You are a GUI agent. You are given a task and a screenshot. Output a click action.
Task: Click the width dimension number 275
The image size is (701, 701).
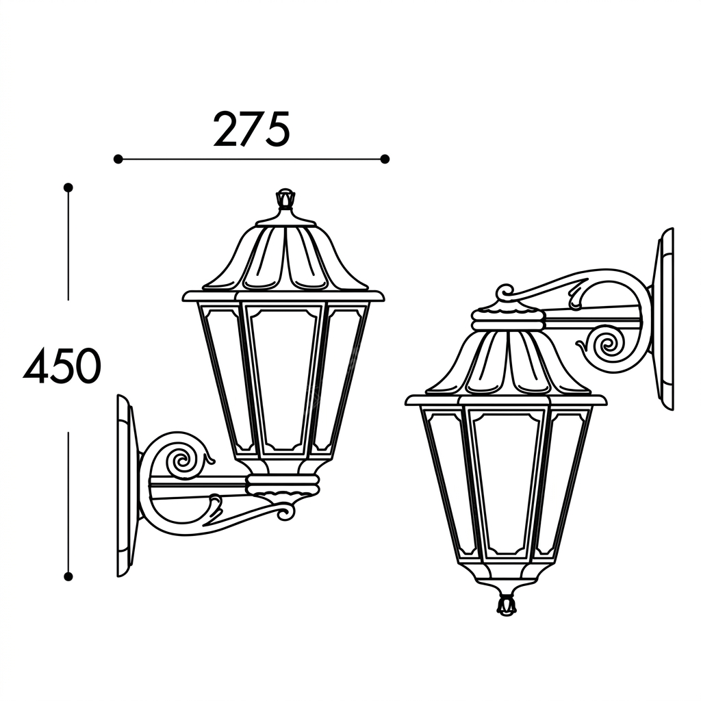251,129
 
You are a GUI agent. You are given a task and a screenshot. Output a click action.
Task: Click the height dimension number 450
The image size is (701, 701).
62,366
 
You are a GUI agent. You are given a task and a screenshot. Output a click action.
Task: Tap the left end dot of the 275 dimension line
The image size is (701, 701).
118,159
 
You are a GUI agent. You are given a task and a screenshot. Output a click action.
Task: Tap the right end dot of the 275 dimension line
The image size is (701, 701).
385,159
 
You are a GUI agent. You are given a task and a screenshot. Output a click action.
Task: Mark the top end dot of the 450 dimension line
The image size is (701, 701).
68,188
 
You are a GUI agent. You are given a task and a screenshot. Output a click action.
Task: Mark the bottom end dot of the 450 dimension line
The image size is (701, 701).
68,576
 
